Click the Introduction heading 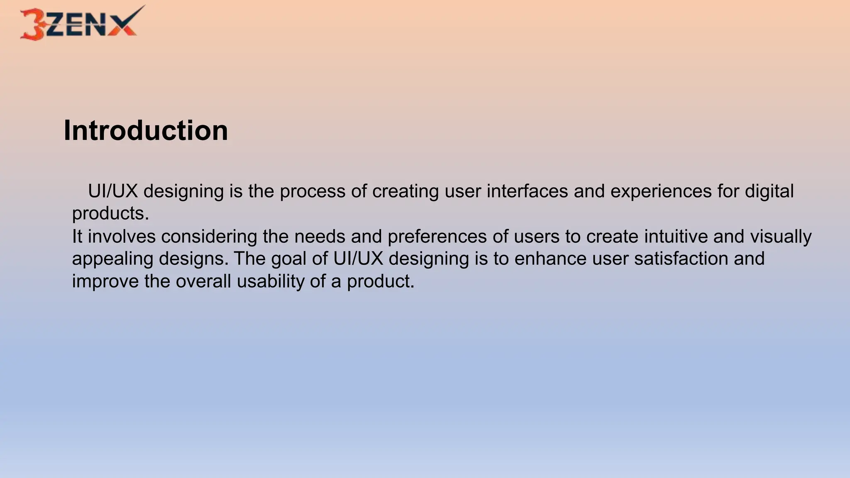pyautogui.click(x=146, y=131)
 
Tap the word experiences pyautogui.click(x=661, y=191)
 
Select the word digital pyautogui.click(x=769, y=191)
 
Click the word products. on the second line pyautogui.click(x=110, y=214)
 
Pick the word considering pyautogui.click(x=209, y=237)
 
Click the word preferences pyautogui.click(x=437, y=237)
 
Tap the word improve pyautogui.click(x=105, y=281)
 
